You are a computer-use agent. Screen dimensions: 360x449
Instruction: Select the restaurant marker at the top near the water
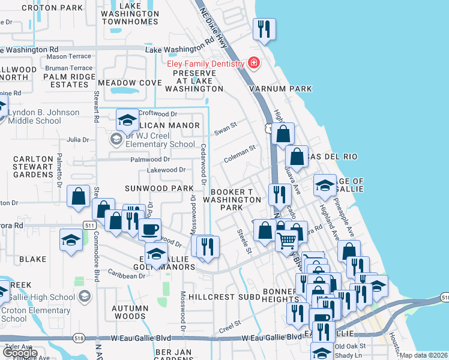(264, 29)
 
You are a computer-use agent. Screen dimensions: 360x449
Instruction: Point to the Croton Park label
(52, 8)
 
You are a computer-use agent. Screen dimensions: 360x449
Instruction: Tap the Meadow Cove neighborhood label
(130, 82)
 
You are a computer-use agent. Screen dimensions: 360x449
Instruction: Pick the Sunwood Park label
(159, 188)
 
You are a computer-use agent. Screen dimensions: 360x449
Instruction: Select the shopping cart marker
(287, 239)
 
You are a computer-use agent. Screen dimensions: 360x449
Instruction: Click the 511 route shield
(90, 225)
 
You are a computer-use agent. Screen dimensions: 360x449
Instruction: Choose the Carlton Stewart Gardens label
(34, 166)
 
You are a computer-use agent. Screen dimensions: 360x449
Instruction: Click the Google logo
(19, 353)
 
